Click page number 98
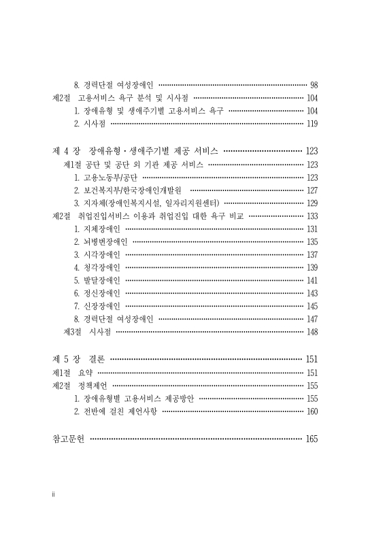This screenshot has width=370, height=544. pos(314,85)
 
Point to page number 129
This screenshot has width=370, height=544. pos(312,203)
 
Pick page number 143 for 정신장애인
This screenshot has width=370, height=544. pos(312,293)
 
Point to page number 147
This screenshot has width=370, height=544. pos(312,318)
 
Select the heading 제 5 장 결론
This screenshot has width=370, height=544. pos(78,359)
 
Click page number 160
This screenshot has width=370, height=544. pos(312,411)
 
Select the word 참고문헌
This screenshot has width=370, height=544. pos(69,439)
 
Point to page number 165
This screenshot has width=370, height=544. pos(312,439)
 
